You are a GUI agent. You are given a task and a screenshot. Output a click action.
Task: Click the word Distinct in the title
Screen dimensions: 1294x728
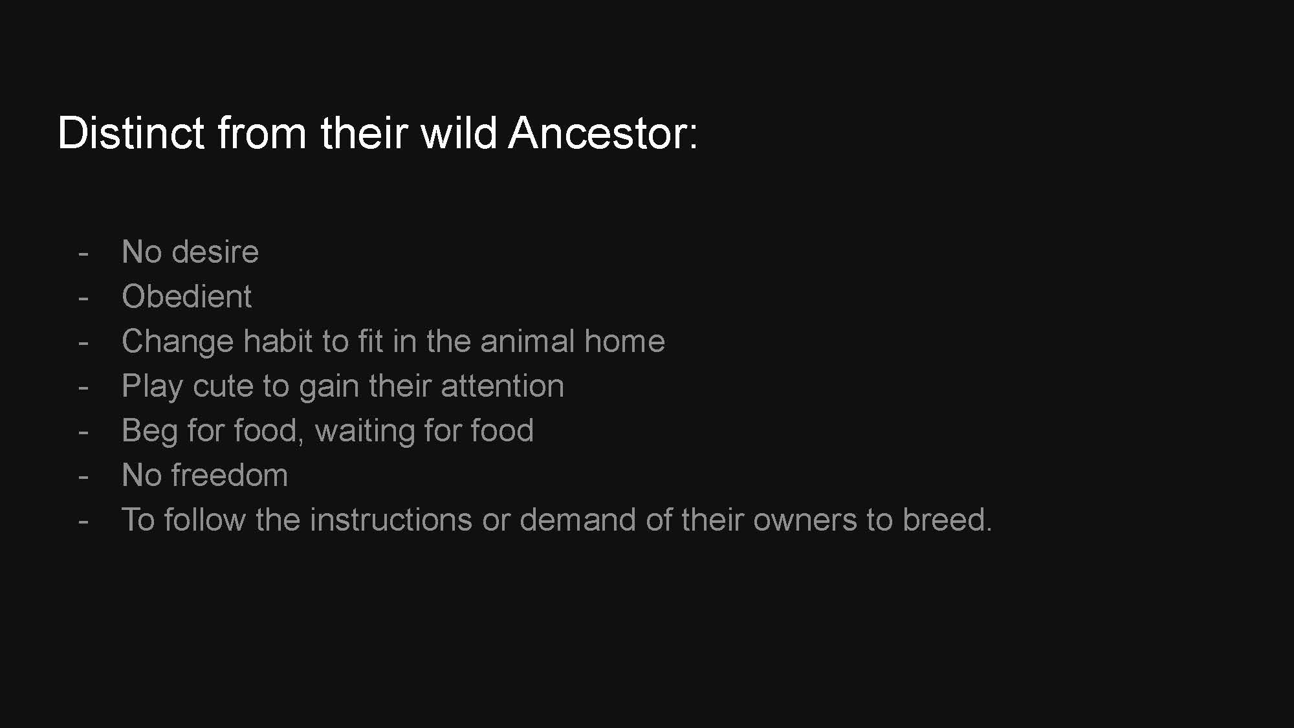pos(131,133)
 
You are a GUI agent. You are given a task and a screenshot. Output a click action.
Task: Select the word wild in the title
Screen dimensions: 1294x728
pos(459,133)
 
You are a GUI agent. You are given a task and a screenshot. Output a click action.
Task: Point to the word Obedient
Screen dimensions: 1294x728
pos(186,296)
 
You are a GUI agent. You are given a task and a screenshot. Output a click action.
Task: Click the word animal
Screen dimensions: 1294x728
pos(527,341)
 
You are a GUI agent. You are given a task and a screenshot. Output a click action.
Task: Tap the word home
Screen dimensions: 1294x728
pos(624,341)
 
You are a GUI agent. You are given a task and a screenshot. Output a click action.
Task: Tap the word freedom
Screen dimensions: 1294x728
pos(230,475)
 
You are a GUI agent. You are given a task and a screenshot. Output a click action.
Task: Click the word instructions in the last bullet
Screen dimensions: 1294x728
pos(391,520)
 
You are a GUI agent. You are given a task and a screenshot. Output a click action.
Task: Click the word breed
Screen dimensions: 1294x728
pos(947,520)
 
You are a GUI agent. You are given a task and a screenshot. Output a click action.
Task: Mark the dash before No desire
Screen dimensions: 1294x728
pos(83,254)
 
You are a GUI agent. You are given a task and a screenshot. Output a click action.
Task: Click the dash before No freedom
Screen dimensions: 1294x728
pos(83,478)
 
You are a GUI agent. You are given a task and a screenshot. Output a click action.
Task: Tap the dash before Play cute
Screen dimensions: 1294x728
pos(83,388)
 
